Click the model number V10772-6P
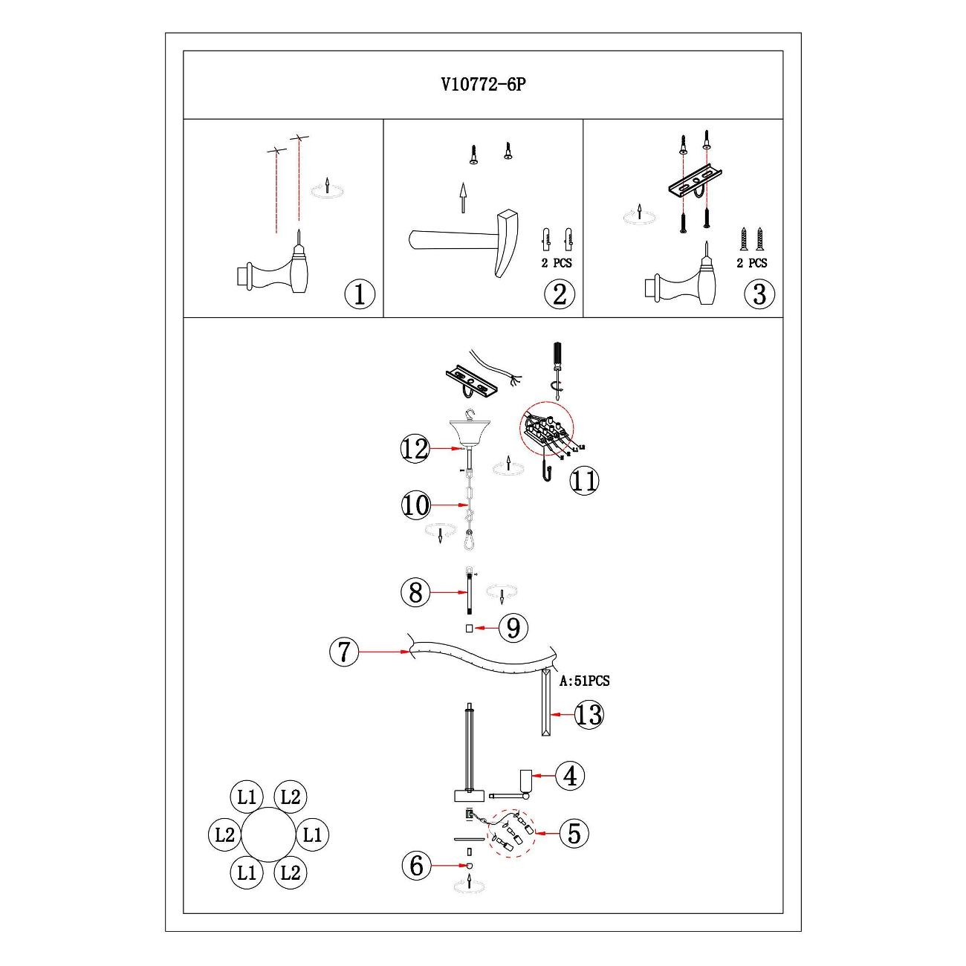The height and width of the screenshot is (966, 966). click(483, 85)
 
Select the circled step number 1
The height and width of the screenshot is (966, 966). click(360, 295)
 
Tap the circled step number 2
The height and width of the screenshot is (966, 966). click(560, 295)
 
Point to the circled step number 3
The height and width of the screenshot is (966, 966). click(759, 295)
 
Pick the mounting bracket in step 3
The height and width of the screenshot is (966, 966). click(695, 183)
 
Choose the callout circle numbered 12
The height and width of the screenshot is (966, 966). click(415, 449)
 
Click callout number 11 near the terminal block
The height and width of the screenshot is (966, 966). click(584, 481)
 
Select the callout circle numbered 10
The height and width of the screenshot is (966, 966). click(416, 506)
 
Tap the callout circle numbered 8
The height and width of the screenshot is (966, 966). click(415, 592)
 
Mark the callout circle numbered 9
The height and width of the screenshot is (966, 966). click(513, 629)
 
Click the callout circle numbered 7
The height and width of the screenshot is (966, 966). click(343, 652)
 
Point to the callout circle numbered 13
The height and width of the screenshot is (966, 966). click(589, 715)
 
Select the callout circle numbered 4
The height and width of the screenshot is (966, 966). click(570, 776)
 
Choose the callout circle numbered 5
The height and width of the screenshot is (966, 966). click(574, 833)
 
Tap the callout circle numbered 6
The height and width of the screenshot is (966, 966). click(416, 865)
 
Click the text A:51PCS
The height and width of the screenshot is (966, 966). click(585, 680)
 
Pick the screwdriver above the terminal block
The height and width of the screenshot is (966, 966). click(554, 364)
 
